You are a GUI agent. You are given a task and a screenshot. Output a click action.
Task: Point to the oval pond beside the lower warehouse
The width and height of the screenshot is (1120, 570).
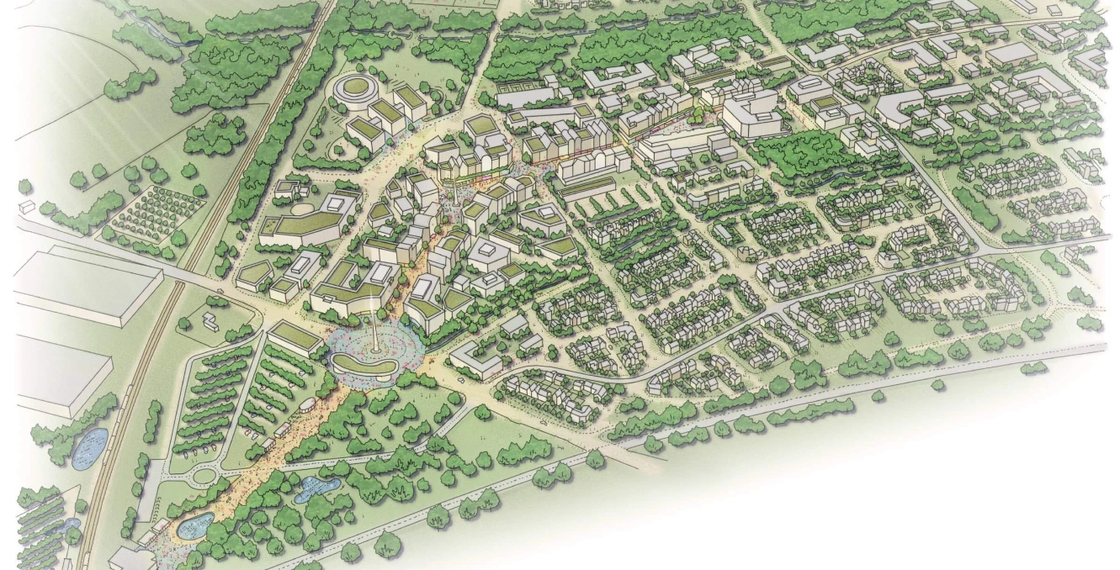click(x=89, y=448)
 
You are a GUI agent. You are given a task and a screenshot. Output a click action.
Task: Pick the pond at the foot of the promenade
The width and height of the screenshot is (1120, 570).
click(x=193, y=526)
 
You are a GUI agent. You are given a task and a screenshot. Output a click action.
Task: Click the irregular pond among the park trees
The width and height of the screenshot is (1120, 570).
click(x=316, y=488)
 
